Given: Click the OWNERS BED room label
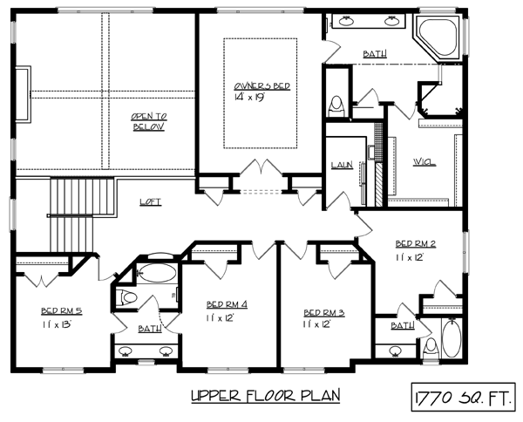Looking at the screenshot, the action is click(x=261, y=86).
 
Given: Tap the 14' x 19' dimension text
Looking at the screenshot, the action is click(x=249, y=97).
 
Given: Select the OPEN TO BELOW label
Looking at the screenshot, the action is click(x=149, y=122).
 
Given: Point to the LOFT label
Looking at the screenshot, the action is click(x=151, y=201).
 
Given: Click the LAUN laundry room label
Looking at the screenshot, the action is click(x=342, y=165).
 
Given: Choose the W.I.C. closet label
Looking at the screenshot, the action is click(x=425, y=162).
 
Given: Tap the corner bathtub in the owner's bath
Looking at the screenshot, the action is click(x=438, y=37).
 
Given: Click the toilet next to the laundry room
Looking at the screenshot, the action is click(x=336, y=106).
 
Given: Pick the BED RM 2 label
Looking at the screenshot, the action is click(x=416, y=244).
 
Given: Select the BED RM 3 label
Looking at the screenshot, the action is click(x=324, y=313).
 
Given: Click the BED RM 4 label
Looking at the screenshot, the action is click(x=227, y=304).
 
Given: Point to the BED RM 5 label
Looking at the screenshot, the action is click(x=61, y=311).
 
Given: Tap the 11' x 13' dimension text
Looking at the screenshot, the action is click(x=57, y=324).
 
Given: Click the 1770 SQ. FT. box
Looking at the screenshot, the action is click(x=464, y=397).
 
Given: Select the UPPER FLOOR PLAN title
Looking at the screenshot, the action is click(x=266, y=396).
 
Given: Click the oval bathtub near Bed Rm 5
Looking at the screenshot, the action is click(x=156, y=273).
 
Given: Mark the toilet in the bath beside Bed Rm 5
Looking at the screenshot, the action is click(x=126, y=297).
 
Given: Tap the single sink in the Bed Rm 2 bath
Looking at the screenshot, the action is click(x=396, y=351).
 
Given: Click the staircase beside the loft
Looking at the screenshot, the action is click(x=83, y=215).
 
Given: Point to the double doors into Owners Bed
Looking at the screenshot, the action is click(x=261, y=167).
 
